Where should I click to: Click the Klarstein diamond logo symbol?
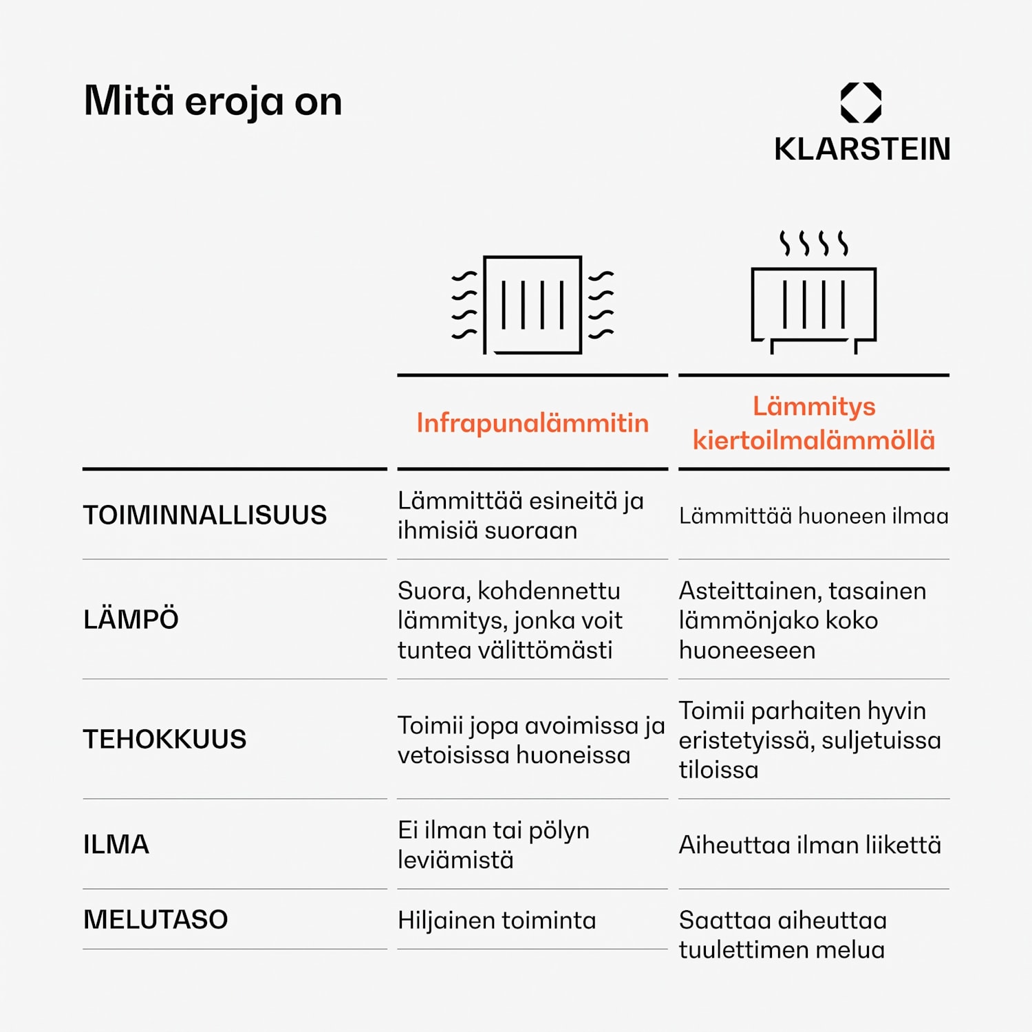coord(861,103)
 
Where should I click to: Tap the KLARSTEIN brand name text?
coord(862,149)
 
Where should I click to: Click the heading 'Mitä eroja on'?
coord(213,101)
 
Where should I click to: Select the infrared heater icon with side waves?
coord(533,305)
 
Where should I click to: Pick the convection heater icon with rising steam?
coord(814,292)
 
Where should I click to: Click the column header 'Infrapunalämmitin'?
coord(533,422)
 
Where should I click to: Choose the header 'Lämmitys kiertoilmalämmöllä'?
coord(814,422)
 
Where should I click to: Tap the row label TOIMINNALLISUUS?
coord(205,515)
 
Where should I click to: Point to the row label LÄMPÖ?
coord(131,619)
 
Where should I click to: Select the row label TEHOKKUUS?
coord(164,739)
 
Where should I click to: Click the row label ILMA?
coord(116,844)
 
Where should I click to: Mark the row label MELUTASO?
coord(155,919)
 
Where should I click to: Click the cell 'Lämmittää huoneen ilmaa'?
coord(814,516)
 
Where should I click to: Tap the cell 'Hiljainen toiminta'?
coord(497,920)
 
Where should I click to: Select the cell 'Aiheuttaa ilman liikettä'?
coord(810,844)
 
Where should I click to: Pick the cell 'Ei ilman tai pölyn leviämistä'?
coord(493,845)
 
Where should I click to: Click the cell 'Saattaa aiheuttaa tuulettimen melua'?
coord(783,935)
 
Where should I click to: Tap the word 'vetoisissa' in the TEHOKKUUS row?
coord(451,755)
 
